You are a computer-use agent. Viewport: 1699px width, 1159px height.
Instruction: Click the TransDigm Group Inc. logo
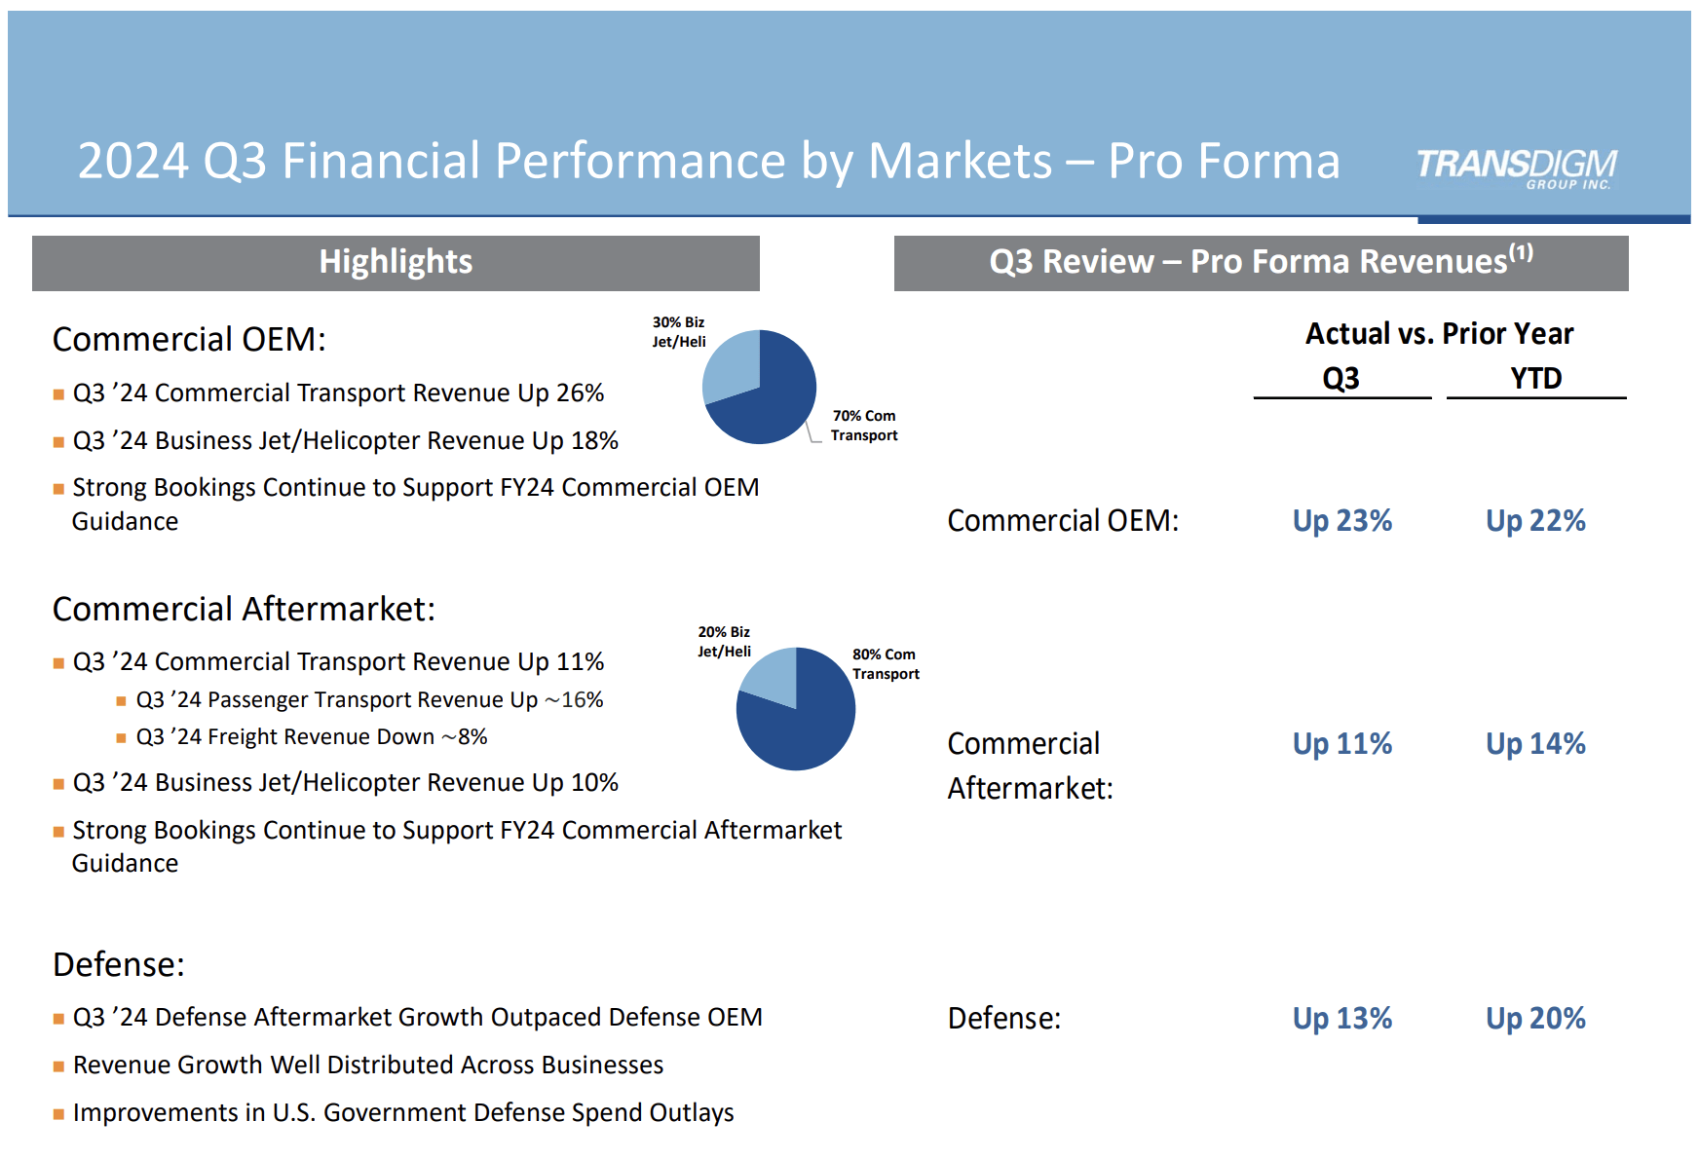pyautogui.click(x=1516, y=168)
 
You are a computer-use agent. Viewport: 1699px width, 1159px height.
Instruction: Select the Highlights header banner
pyautogui.click(x=396, y=262)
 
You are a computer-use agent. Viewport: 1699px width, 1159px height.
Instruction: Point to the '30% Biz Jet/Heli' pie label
pyautogui.click(x=679, y=332)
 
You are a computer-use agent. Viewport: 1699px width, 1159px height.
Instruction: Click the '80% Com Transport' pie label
pyautogui.click(x=885, y=664)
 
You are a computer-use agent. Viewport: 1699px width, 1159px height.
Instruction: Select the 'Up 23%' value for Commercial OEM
pyautogui.click(x=1341, y=521)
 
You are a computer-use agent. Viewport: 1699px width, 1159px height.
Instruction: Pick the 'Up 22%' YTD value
pyautogui.click(x=1535, y=521)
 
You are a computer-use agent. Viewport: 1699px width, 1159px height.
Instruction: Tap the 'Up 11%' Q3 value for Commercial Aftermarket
pyautogui.click(x=1341, y=744)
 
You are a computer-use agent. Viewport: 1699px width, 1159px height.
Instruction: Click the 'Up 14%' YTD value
pyautogui.click(x=1535, y=744)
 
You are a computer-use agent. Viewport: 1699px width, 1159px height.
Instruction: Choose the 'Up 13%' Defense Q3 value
pyautogui.click(x=1341, y=1019)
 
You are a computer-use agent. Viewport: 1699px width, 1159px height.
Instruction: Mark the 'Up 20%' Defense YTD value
pyautogui.click(x=1535, y=1019)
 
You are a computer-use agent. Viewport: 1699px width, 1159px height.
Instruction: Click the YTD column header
pyautogui.click(x=1535, y=378)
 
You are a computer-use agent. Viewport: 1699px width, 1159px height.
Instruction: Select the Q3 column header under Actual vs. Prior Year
pyautogui.click(x=1340, y=378)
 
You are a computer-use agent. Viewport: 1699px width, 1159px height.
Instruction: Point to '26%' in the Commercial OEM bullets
pyautogui.click(x=580, y=393)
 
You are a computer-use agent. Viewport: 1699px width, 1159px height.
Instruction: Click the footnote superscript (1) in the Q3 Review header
pyautogui.click(x=1521, y=253)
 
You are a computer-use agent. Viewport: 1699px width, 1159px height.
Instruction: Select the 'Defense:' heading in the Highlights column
pyautogui.click(x=119, y=964)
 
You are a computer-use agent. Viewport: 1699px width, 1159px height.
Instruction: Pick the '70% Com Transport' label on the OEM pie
pyautogui.click(x=864, y=426)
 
